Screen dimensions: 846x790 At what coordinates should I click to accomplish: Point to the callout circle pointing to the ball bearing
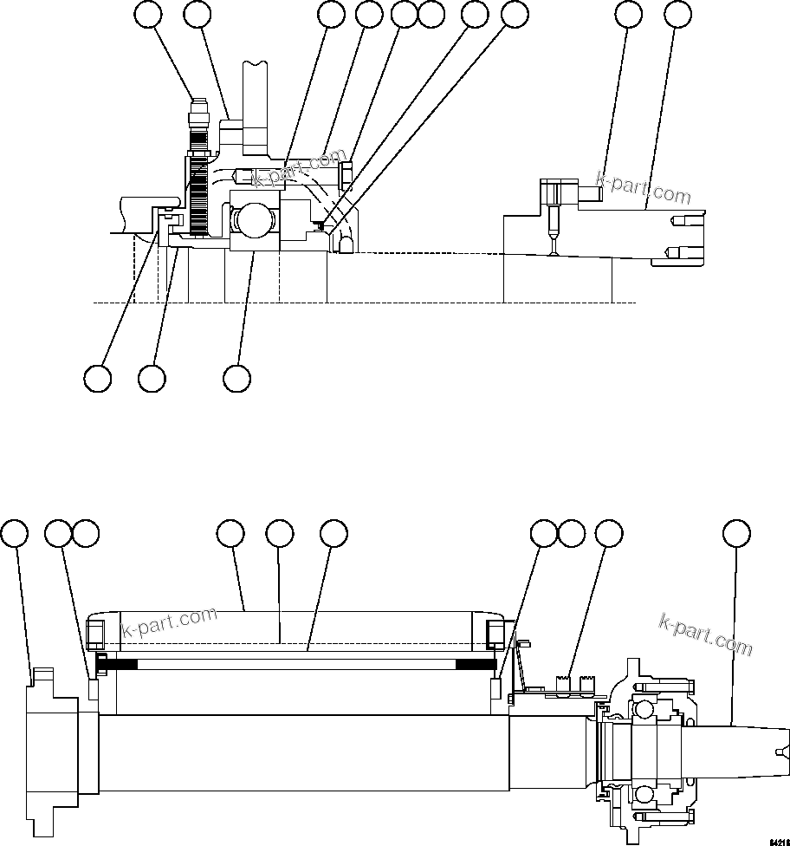point(236,378)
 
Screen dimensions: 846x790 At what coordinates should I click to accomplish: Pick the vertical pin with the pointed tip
point(553,229)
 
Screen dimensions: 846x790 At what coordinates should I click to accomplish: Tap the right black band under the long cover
point(473,665)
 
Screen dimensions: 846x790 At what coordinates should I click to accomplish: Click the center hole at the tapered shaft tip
point(782,752)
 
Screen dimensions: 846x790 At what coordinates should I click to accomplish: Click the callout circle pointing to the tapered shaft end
point(736,533)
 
